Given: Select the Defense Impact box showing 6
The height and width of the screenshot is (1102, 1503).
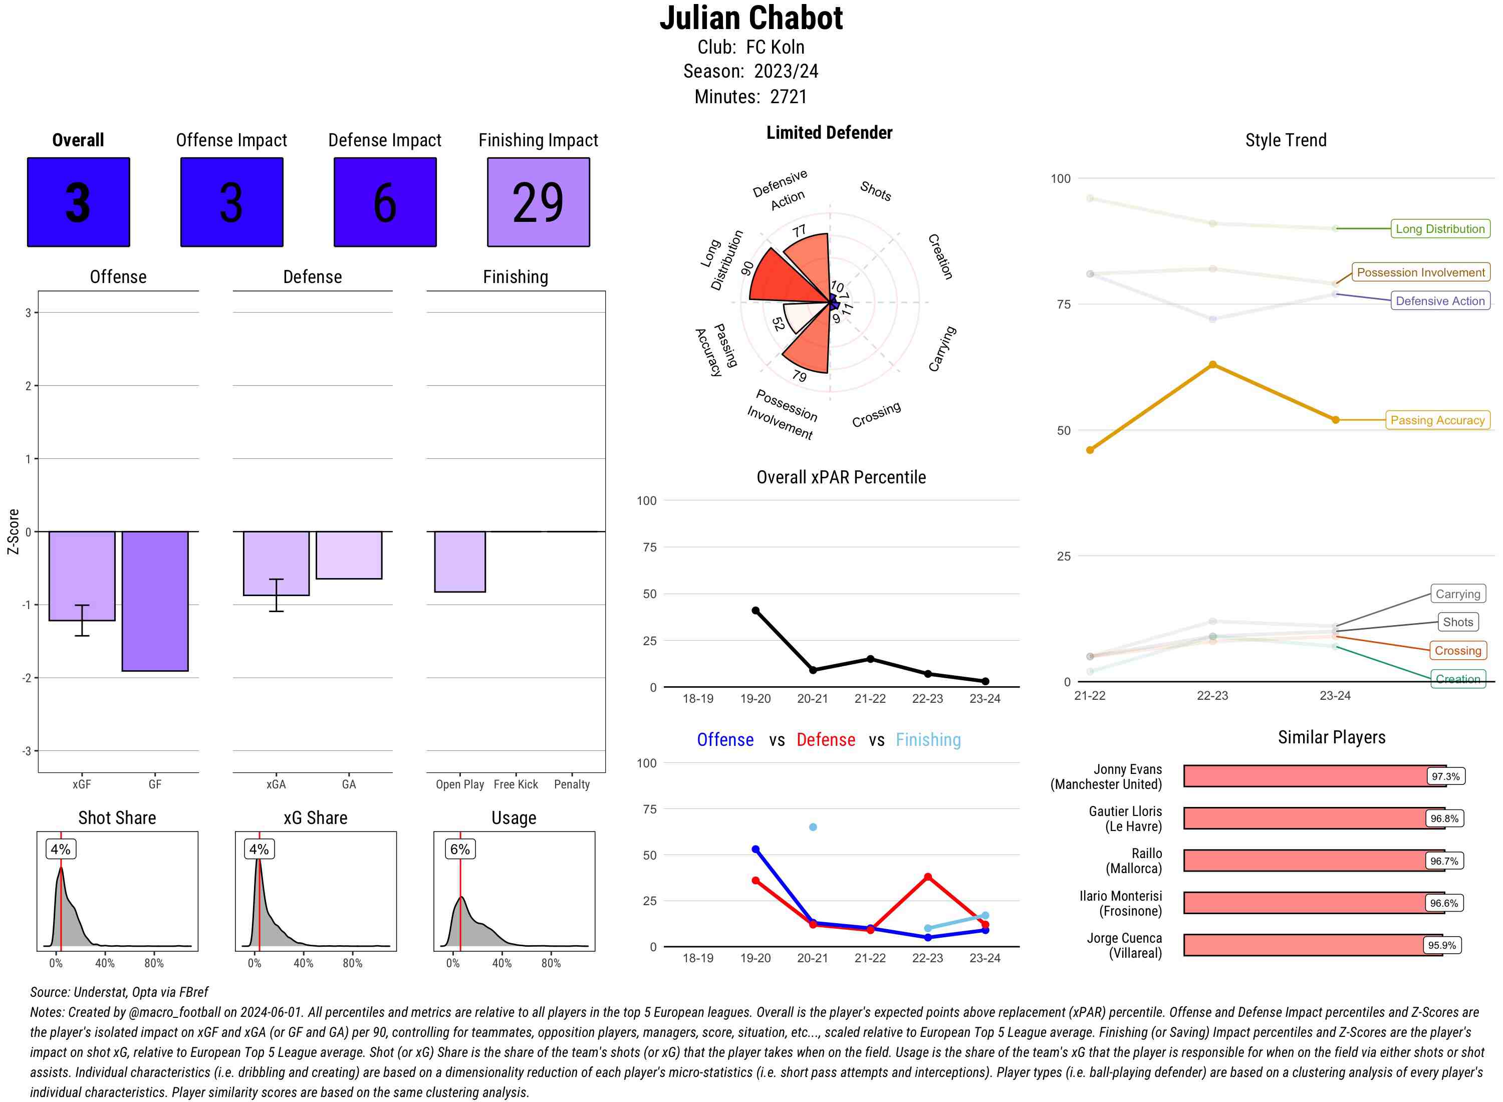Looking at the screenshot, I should (x=385, y=202).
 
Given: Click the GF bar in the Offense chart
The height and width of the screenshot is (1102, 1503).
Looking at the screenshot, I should (x=155, y=601).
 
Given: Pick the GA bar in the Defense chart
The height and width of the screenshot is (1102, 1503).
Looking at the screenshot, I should (x=349, y=555).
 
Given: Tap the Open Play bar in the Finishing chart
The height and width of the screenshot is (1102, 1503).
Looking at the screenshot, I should (x=459, y=562).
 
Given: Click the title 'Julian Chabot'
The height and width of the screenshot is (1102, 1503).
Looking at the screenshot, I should (x=751, y=18).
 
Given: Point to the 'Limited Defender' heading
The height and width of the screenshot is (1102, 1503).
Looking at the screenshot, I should (x=829, y=133).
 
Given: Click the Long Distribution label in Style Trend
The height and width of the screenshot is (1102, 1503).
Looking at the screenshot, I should (x=1440, y=229).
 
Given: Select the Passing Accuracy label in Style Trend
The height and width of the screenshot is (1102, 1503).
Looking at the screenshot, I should (x=1437, y=420).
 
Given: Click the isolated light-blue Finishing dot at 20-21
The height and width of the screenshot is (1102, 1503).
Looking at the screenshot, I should (x=813, y=827).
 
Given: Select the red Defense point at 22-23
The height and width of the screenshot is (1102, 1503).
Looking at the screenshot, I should (x=928, y=877).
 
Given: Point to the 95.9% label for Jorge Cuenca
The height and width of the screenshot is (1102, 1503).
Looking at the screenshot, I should (x=1441, y=945).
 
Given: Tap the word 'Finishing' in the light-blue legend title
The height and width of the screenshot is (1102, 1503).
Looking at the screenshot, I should (x=928, y=740).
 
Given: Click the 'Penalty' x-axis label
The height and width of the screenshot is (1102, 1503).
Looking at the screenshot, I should (x=572, y=784).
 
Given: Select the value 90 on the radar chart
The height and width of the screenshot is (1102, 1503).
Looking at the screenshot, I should (x=747, y=267).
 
